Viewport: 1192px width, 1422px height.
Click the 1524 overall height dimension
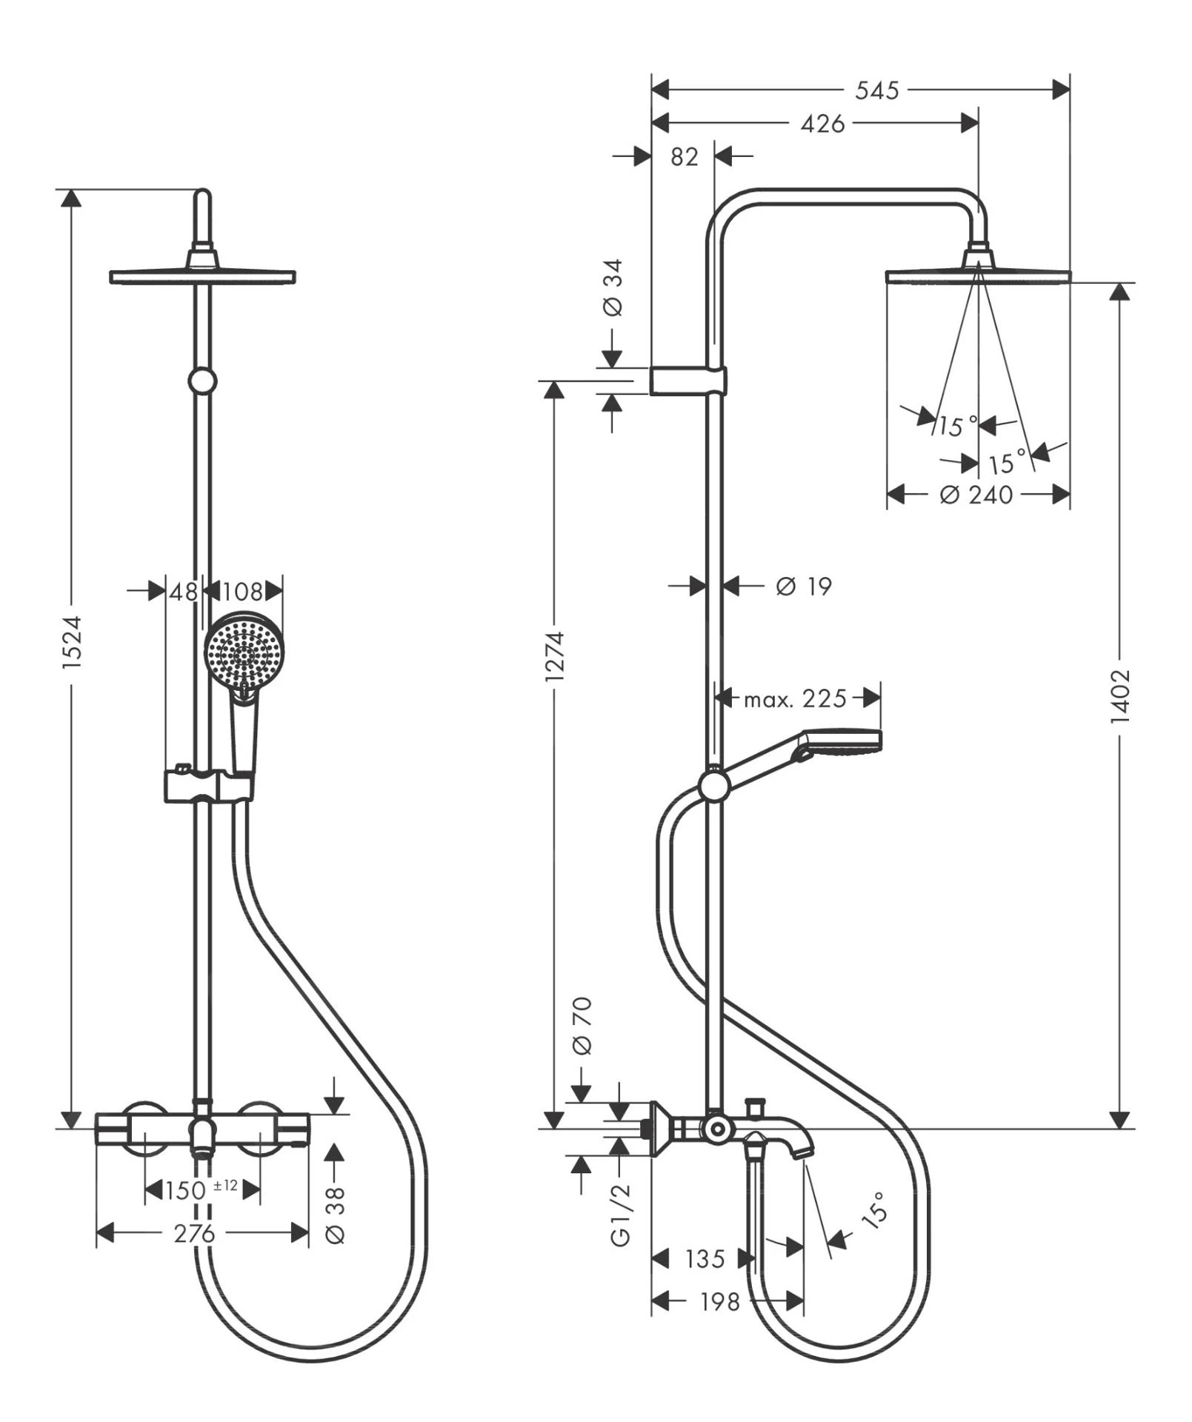click(x=72, y=642)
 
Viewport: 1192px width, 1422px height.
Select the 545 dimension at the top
click(x=877, y=90)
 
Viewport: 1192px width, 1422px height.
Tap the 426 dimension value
click(x=822, y=124)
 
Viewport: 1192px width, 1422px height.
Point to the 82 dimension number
click(x=684, y=157)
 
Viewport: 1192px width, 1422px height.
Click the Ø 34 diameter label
click(x=613, y=288)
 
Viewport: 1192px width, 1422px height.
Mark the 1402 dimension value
click(x=1120, y=696)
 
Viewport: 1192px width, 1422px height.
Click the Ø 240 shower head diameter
click(x=976, y=494)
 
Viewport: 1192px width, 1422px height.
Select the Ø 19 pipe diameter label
click(x=803, y=587)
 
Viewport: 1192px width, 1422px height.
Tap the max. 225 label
click(x=795, y=698)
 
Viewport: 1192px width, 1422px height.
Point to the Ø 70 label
click(x=582, y=1026)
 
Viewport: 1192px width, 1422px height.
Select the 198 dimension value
click(x=720, y=1301)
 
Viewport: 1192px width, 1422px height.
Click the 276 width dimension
click(x=194, y=1233)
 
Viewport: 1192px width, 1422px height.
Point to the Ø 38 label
click(x=336, y=1215)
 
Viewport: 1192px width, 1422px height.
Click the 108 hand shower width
click(x=243, y=591)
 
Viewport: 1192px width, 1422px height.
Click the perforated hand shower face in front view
click(x=243, y=650)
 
